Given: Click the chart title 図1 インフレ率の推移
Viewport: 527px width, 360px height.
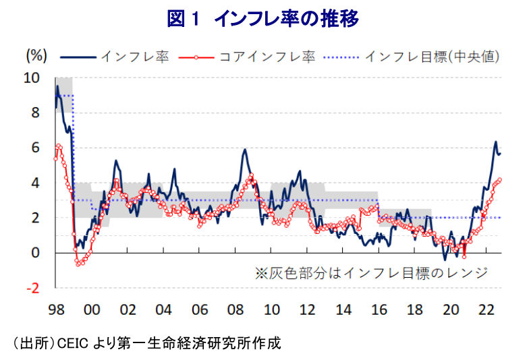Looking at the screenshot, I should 262,18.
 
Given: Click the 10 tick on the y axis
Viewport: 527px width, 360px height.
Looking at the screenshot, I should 32,78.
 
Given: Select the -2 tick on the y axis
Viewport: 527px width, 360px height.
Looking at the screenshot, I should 32,288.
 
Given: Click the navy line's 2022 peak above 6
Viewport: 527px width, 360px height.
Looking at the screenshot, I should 495,142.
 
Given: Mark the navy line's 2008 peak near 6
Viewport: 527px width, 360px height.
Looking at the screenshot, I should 244,149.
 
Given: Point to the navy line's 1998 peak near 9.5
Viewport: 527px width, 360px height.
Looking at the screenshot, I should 58,86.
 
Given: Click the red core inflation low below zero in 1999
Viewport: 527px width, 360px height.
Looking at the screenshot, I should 78,264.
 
